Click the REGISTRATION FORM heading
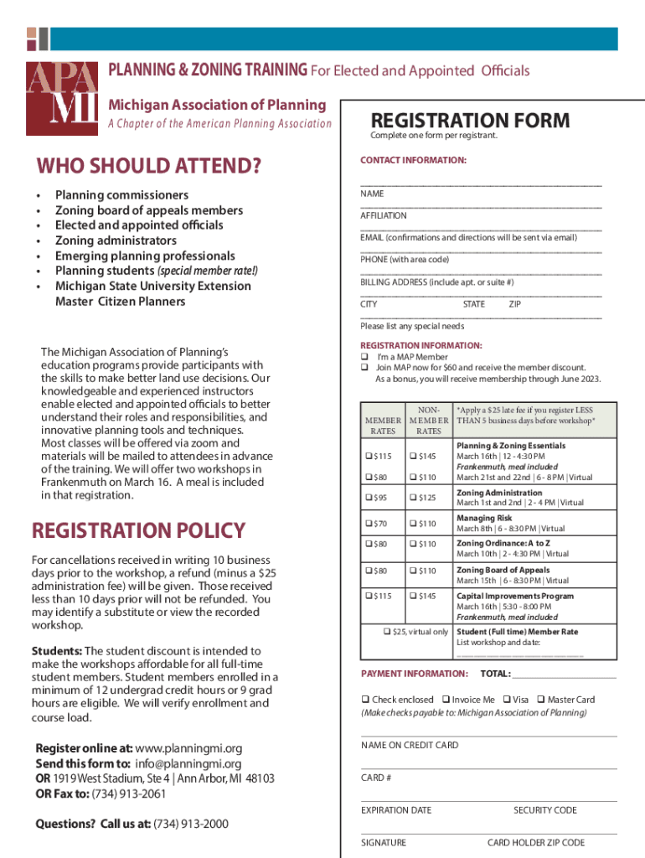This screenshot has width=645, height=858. tap(470, 121)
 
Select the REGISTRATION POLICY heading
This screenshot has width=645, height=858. tap(138, 530)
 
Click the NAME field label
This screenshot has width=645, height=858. tap(372, 194)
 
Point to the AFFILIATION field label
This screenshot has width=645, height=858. tap(384, 215)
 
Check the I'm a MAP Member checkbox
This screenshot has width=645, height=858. tap(364, 357)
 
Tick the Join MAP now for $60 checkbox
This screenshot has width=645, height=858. tap(364, 368)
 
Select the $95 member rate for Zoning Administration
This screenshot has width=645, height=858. tap(369, 499)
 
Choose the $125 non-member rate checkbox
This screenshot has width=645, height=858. tap(413, 499)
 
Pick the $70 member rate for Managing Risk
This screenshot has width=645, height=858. tap(369, 525)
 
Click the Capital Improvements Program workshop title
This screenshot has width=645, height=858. tap(515, 596)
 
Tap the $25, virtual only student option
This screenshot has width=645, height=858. tap(386, 632)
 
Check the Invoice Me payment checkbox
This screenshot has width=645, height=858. tap(445, 700)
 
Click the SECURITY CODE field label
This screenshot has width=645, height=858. tap(544, 810)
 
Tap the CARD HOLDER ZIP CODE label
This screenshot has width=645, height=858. tap(536, 843)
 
